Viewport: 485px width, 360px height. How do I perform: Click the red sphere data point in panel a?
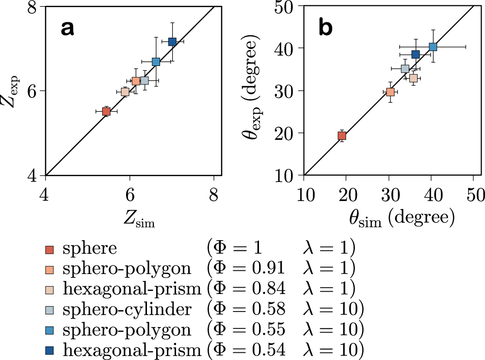pyautogui.click(x=106, y=111)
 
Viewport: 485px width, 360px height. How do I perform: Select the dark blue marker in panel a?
pyautogui.click(x=172, y=42)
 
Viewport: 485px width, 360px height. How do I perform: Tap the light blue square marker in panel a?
pyautogui.click(x=156, y=62)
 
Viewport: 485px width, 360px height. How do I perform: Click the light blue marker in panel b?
pyautogui.click(x=433, y=47)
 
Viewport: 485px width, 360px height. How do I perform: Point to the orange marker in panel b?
pyautogui.click(x=390, y=92)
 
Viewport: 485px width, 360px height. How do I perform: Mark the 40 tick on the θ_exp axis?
pyautogui.click(x=289, y=48)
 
